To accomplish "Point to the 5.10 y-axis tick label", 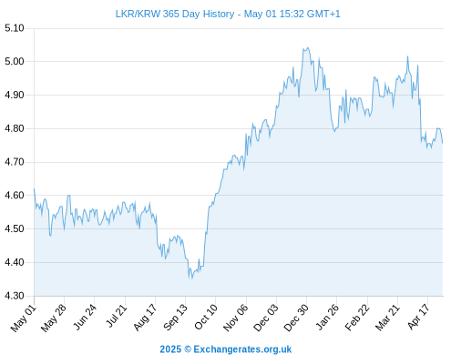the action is (15, 28).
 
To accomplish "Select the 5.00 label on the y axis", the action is (15, 62).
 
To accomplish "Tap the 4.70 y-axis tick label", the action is (15, 162).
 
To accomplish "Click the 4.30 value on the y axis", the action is (15, 296).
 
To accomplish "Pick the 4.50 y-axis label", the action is (15, 228).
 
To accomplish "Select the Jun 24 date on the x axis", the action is (85, 317).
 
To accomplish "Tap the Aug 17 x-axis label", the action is (145, 318).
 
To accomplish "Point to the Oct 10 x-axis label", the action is (206, 317).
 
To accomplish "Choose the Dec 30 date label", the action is (296, 318).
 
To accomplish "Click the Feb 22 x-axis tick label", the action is (357, 318).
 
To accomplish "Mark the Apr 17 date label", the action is (418, 317).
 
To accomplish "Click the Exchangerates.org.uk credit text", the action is (242, 349).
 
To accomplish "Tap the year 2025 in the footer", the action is (170, 349).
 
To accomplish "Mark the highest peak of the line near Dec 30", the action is (308, 47).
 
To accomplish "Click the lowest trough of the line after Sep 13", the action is (191, 278).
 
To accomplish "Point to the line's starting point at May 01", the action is (34, 188).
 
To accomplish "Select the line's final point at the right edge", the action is (443, 143).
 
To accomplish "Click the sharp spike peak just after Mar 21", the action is (407, 56).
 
